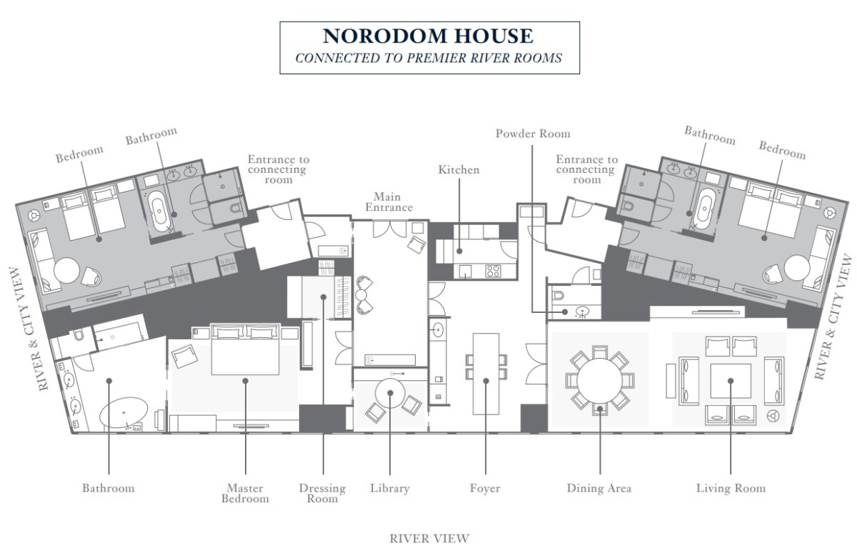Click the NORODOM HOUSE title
tap(428, 36)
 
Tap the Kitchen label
tap(458, 169)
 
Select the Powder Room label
tap(533, 134)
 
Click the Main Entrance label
tap(389, 202)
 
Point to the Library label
tap(390, 488)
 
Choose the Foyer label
tap(485, 488)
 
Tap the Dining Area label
tap(599, 488)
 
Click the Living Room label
tap(731, 488)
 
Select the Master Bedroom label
tap(245, 493)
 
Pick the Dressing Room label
tap(323, 493)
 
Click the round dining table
tap(599, 381)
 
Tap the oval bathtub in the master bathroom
tap(124, 412)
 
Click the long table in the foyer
tap(486, 374)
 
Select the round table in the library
tap(390, 393)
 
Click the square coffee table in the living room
tap(731, 381)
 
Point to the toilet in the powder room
tap(559, 296)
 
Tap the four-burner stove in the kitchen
tap(493, 271)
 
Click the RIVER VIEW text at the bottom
tap(429, 539)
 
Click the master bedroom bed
tap(245, 349)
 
